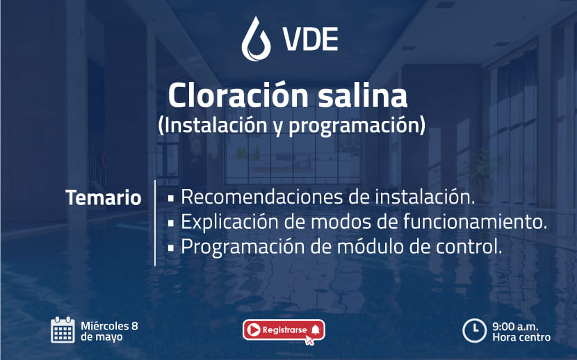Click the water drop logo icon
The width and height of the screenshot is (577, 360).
point(256,39)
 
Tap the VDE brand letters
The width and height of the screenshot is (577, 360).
point(310,39)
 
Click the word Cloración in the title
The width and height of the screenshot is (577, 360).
point(238,95)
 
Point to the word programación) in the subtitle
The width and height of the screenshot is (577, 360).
point(357,126)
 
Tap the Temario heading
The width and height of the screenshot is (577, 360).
point(104,197)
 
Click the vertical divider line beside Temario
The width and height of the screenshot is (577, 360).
point(155,223)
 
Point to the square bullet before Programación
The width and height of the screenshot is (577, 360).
point(171,248)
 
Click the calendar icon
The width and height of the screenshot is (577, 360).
point(63,330)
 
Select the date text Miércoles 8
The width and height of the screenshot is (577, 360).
point(109,326)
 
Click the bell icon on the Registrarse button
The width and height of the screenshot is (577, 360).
point(316,329)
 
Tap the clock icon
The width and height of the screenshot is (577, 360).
point(474,330)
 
